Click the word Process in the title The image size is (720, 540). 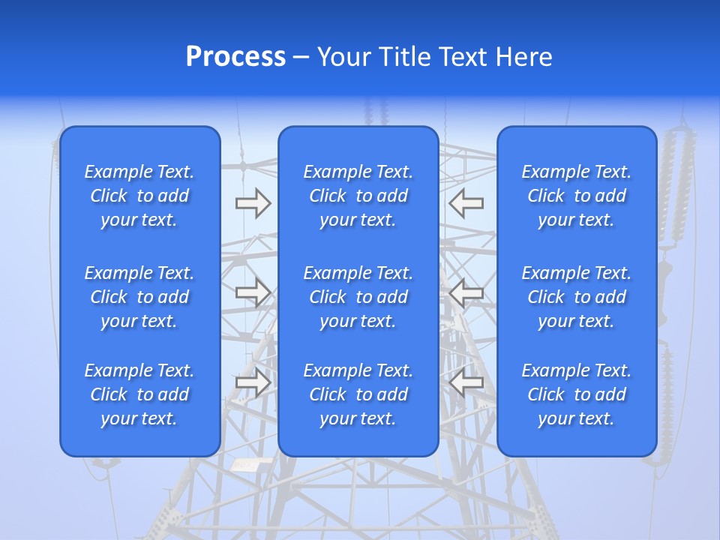pyautogui.click(x=235, y=57)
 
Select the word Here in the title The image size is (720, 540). pyautogui.click(x=524, y=57)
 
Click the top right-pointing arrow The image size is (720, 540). pyautogui.click(x=253, y=203)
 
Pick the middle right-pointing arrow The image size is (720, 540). pyautogui.click(x=253, y=293)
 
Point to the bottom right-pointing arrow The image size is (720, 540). pyautogui.click(x=253, y=382)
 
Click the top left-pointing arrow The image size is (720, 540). pyautogui.click(x=466, y=203)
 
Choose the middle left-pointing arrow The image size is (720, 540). pyautogui.click(x=466, y=293)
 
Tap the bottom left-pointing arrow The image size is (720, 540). pyautogui.click(x=466, y=382)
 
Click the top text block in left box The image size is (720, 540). pyautogui.click(x=139, y=196)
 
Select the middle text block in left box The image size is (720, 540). pyautogui.click(x=139, y=297)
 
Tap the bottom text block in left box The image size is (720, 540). pyautogui.click(x=139, y=394)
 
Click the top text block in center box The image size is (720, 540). pyautogui.click(x=358, y=196)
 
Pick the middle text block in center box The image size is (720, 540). pyautogui.click(x=358, y=297)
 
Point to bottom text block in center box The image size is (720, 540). pyautogui.click(x=358, y=394)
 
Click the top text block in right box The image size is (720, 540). pyautogui.click(x=576, y=196)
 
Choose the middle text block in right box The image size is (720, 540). pyautogui.click(x=576, y=297)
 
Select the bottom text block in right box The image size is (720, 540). pyautogui.click(x=576, y=394)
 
